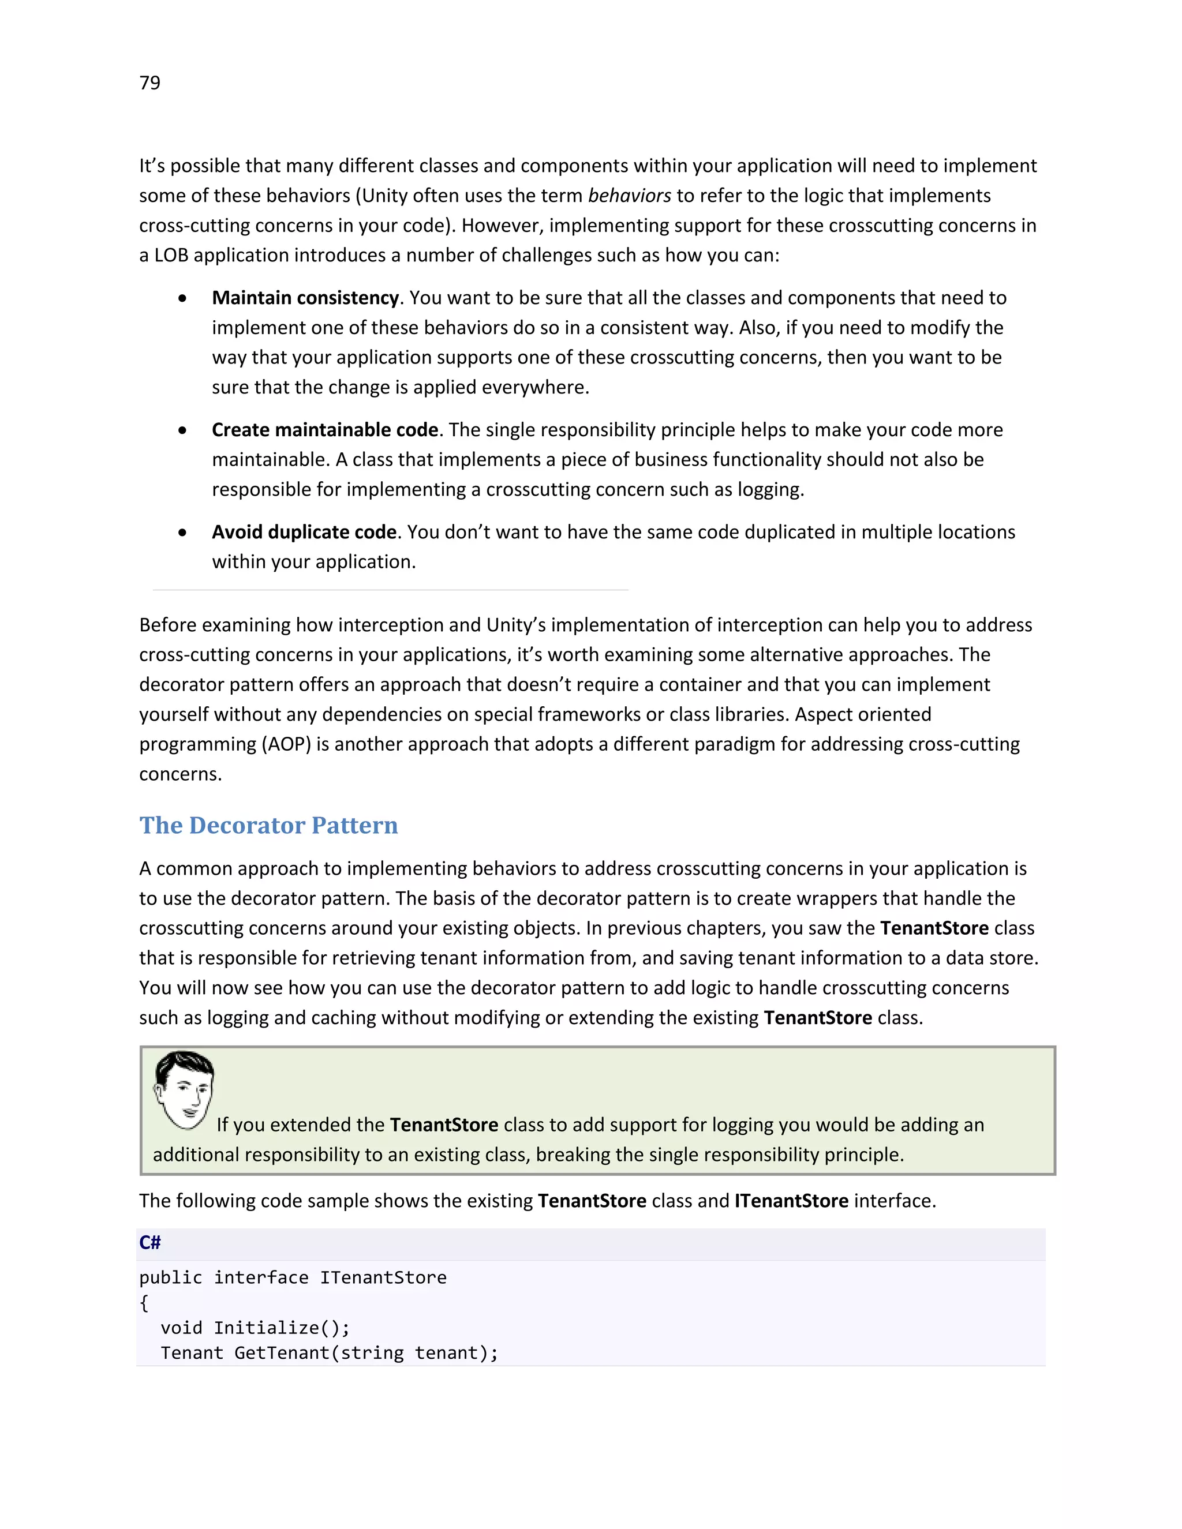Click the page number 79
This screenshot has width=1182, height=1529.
click(150, 83)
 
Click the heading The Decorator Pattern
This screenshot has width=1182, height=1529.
click(268, 826)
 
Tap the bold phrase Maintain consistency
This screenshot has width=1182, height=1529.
click(305, 298)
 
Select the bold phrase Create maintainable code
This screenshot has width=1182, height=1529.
click(325, 430)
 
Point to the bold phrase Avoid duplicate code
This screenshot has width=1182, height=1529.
click(304, 532)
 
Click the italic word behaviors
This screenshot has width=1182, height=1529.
click(629, 196)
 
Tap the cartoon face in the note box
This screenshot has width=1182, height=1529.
click(184, 1090)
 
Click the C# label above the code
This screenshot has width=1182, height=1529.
click(150, 1243)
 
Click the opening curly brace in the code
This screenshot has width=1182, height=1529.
click(144, 1303)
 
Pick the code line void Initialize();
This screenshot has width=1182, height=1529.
click(255, 1328)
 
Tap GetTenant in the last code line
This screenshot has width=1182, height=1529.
click(282, 1353)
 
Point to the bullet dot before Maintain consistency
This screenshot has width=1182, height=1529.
click(183, 299)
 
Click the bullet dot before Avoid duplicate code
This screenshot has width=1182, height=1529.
click(183, 533)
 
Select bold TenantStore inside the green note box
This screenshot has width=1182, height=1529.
click(444, 1125)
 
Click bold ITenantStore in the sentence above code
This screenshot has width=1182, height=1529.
click(791, 1201)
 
